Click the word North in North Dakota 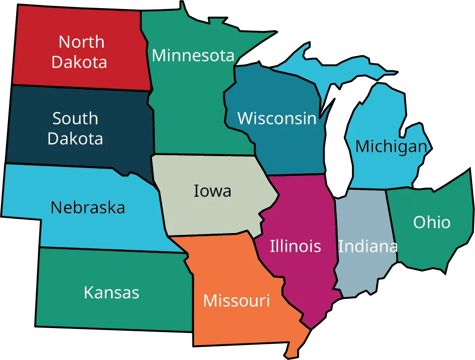click(81, 42)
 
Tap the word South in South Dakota click(75, 118)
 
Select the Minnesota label click(193, 55)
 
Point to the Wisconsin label click(277, 118)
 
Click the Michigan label click(391, 146)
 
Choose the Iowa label click(213, 191)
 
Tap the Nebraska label click(88, 207)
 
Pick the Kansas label click(112, 292)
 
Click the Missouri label click(236, 300)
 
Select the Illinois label click(295, 246)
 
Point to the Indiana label click(367, 246)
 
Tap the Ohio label click(432, 222)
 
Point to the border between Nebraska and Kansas click(113, 250)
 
